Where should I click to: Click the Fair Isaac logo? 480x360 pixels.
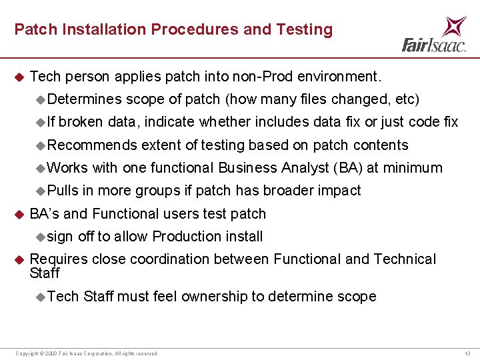434,35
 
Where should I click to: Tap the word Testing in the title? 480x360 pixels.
307,29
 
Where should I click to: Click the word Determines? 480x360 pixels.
85,99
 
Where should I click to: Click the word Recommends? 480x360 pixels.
92,145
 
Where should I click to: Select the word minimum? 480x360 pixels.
417,167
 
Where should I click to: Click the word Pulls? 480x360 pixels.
63,190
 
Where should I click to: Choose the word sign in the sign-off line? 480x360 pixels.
61,237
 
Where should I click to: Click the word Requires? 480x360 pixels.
55,259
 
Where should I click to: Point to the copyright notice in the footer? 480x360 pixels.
87,353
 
